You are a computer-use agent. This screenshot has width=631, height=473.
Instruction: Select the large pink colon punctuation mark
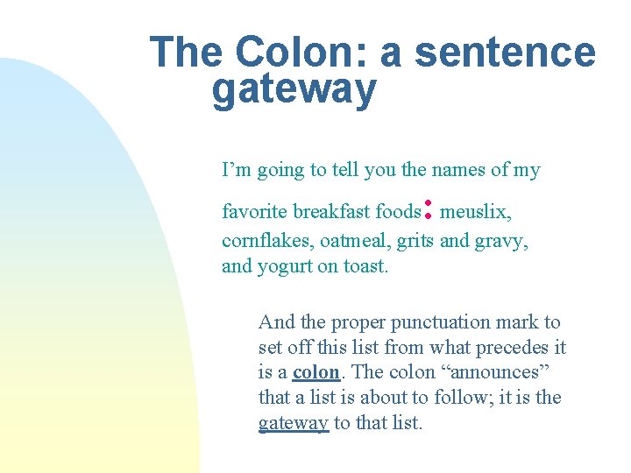pos(429,208)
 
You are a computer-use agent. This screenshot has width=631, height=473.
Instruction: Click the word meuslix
pos(476,212)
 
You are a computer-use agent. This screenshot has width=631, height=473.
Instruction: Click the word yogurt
pos(284,266)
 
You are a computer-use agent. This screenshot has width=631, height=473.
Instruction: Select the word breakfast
pos(332,212)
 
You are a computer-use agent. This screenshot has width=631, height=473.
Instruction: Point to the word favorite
pos(254,212)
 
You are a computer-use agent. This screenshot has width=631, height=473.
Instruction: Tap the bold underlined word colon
pos(316,372)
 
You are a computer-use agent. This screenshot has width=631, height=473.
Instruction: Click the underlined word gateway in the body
pos(294,424)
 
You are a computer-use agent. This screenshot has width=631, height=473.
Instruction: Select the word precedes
pos(511,348)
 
